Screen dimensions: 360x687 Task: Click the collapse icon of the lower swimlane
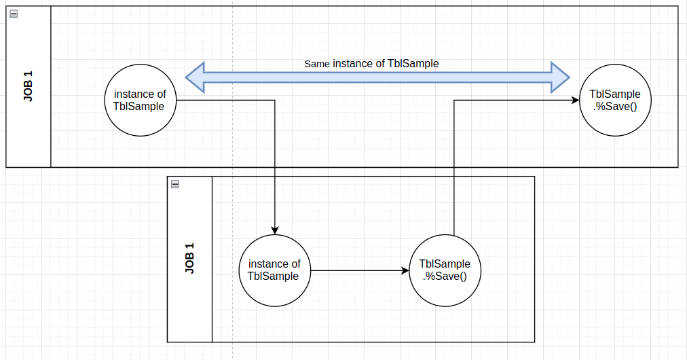coord(175,184)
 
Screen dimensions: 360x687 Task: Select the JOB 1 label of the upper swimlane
coord(29,86)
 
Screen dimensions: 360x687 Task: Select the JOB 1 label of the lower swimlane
coord(190,259)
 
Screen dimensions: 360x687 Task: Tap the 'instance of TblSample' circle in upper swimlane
coord(139,101)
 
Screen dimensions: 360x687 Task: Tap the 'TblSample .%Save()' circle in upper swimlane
coord(614,101)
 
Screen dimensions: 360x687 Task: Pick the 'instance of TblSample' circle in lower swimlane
coord(274,270)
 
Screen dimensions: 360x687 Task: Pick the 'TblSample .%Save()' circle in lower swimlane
coord(445,270)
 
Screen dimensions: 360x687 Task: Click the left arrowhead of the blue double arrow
coord(196,77)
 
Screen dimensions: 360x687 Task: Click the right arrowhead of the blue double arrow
coord(560,77)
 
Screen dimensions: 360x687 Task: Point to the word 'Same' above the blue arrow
coord(317,64)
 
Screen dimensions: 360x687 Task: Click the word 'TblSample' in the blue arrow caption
coord(413,64)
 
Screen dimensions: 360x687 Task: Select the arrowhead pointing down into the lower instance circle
coord(274,229)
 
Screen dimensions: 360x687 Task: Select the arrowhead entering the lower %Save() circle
coord(405,270)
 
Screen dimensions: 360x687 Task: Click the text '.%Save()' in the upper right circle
coord(614,106)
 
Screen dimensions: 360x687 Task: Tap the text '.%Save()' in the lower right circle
coord(445,276)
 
